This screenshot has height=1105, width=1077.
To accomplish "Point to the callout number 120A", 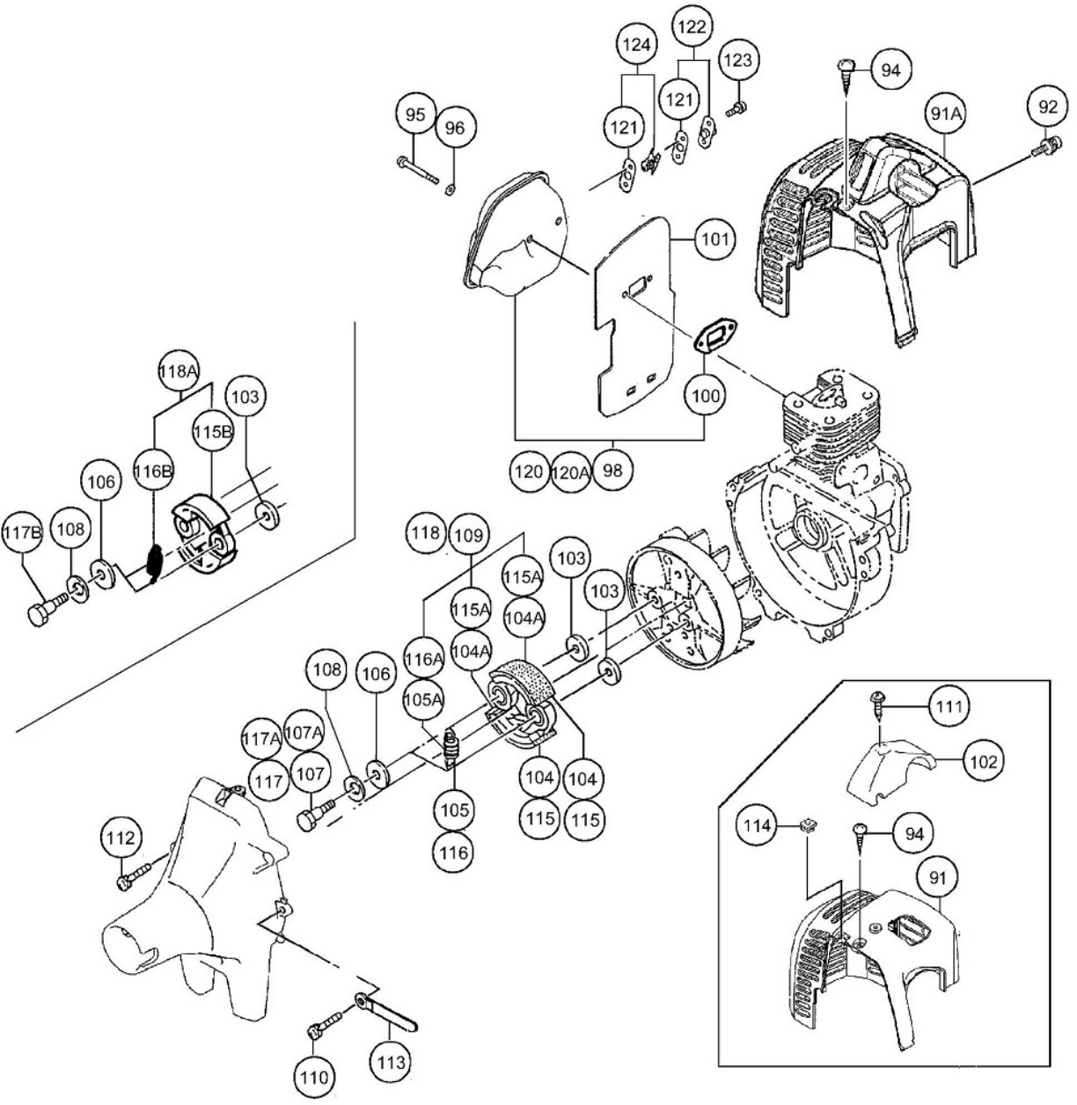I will pos(570,471).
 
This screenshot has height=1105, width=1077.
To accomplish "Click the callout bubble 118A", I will pos(179,371).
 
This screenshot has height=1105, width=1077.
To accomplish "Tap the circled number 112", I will pos(121,838).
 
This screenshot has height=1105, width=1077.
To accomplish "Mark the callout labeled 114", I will pos(758,826).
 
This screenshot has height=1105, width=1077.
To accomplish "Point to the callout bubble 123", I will pos(737,61).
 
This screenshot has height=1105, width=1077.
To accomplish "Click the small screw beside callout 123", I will pos(736,107).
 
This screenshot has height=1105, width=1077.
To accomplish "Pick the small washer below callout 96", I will pos(451,186).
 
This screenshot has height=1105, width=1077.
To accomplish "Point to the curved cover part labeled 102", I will pos(889,771).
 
